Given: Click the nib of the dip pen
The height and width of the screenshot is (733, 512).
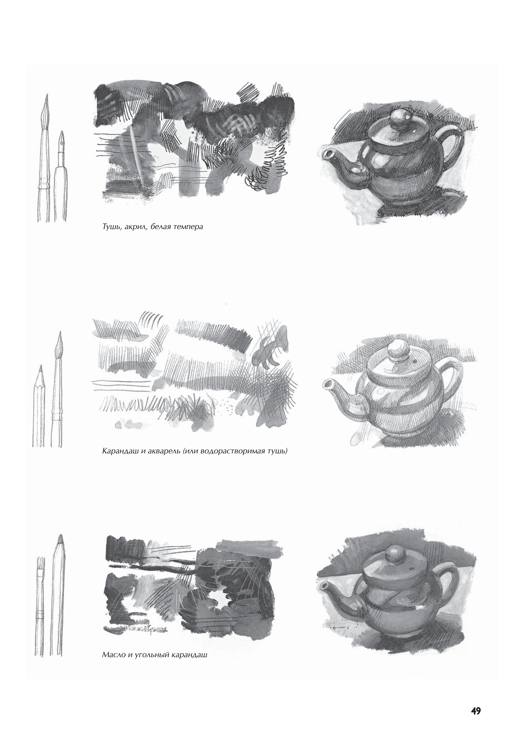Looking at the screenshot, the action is [x=61, y=137].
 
